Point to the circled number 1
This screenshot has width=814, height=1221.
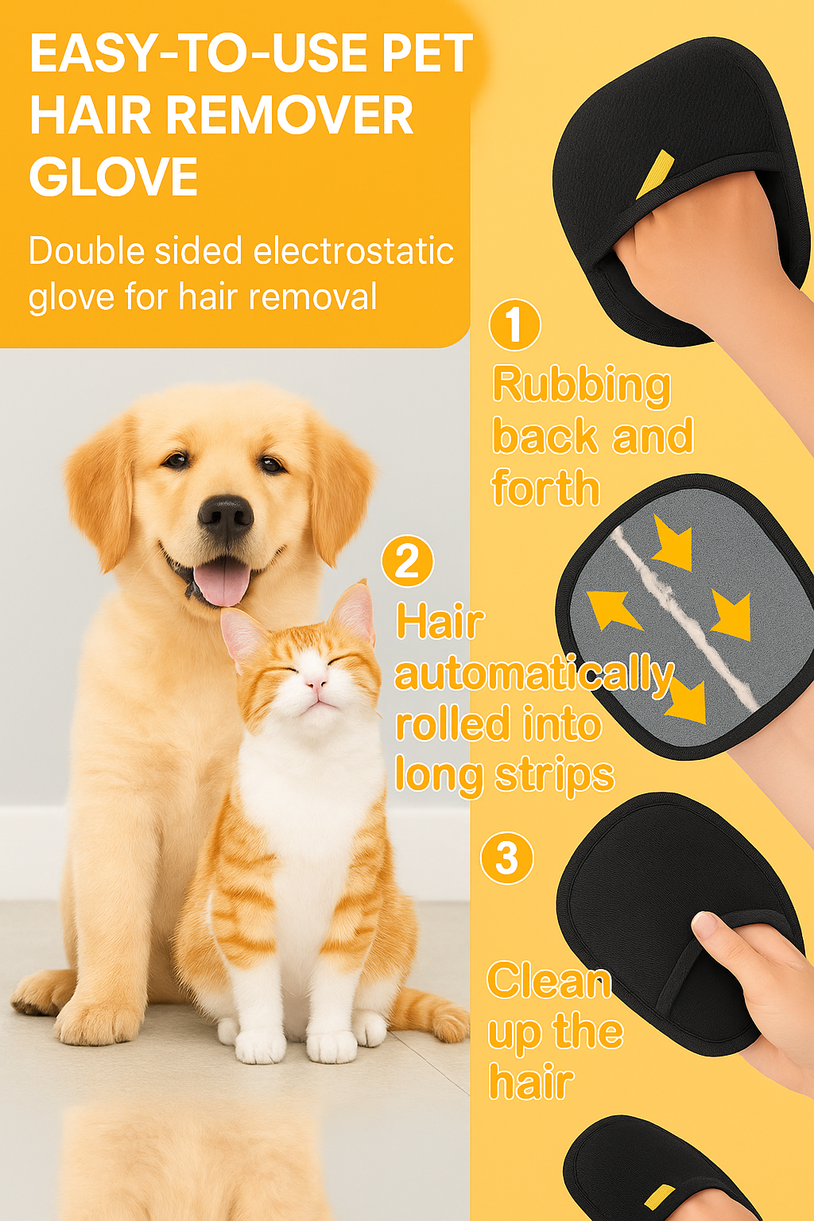(x=514, y=325)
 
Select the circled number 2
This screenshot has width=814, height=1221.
(x=407, y=562)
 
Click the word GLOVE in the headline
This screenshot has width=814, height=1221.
(x=114, y=176)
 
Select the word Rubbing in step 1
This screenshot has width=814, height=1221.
(x=581, y=386)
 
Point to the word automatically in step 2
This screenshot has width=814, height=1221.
(x=534, y=676)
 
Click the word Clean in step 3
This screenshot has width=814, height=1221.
(x=548, y=981)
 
